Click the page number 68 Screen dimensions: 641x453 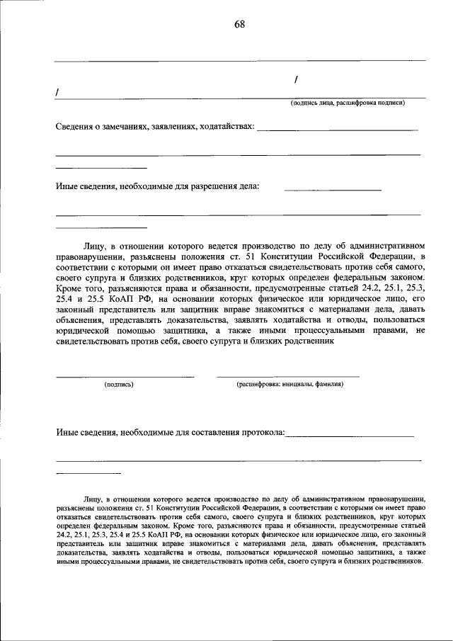coord(239,25)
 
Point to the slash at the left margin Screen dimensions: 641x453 coord(57,93)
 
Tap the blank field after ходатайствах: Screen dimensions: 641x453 coord(337,129)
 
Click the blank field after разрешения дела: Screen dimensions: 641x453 coord(333,189)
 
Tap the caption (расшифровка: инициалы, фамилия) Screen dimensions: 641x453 coord(290,384)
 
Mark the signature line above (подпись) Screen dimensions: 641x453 coord(125,376)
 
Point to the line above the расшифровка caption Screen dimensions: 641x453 coord(287,376)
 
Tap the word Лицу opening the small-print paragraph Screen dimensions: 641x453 coord(93,499)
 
